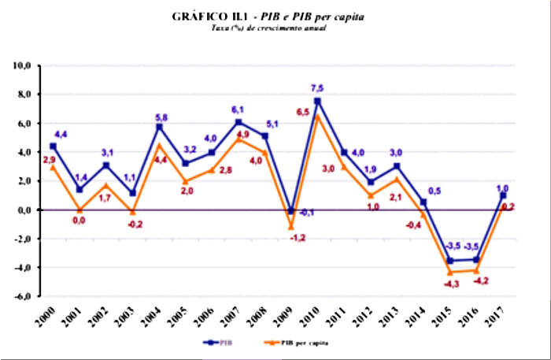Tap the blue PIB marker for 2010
click(317, 101)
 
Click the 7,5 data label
click(317, 88)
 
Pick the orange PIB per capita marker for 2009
click(290, 227)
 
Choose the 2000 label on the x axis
click(49, 317)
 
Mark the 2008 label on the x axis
click(261, 317)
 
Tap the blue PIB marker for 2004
click(159, 126)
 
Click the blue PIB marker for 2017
click(503, 195)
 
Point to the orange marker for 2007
click(238, 139)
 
